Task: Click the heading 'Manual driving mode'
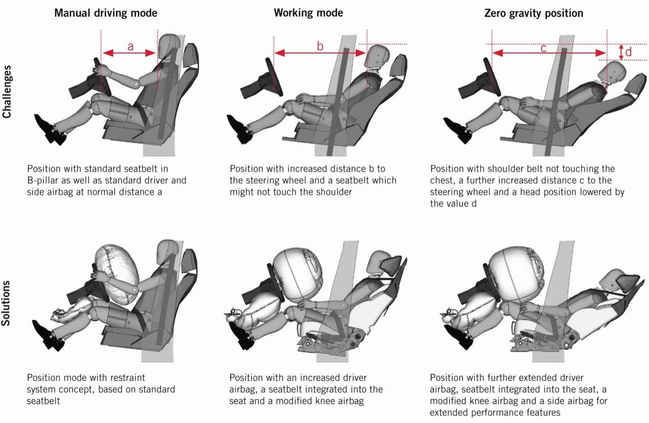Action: click(x=105, y=13)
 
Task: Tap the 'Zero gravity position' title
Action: click(x=533, y=13)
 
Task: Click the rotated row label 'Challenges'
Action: click(x=7, y=92)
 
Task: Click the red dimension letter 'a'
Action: click(x=130, y=47)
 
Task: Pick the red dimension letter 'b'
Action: click(x=320, y=46)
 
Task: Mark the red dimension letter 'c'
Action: click(x=543, y=48)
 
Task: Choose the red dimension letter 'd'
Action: click(x=628, y=52)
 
